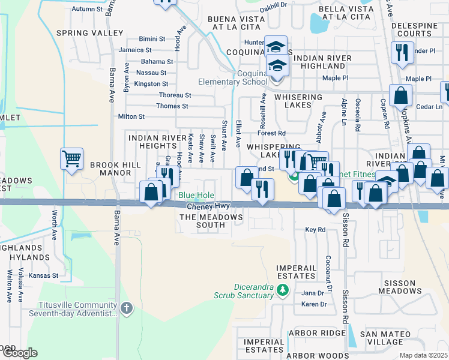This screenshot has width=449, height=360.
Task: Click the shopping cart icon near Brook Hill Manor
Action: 71,160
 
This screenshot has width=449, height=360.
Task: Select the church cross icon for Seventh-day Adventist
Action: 126,308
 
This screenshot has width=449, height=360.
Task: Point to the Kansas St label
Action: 45,276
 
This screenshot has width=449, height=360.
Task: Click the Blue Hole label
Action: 195,195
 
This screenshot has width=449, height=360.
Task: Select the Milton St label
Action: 131,116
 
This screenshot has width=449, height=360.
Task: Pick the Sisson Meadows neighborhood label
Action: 396,287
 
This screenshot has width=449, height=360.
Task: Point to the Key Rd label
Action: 315,230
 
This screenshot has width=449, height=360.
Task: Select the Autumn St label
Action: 88,9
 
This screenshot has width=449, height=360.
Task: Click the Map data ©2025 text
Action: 423,355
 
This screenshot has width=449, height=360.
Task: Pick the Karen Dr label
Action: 315,304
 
